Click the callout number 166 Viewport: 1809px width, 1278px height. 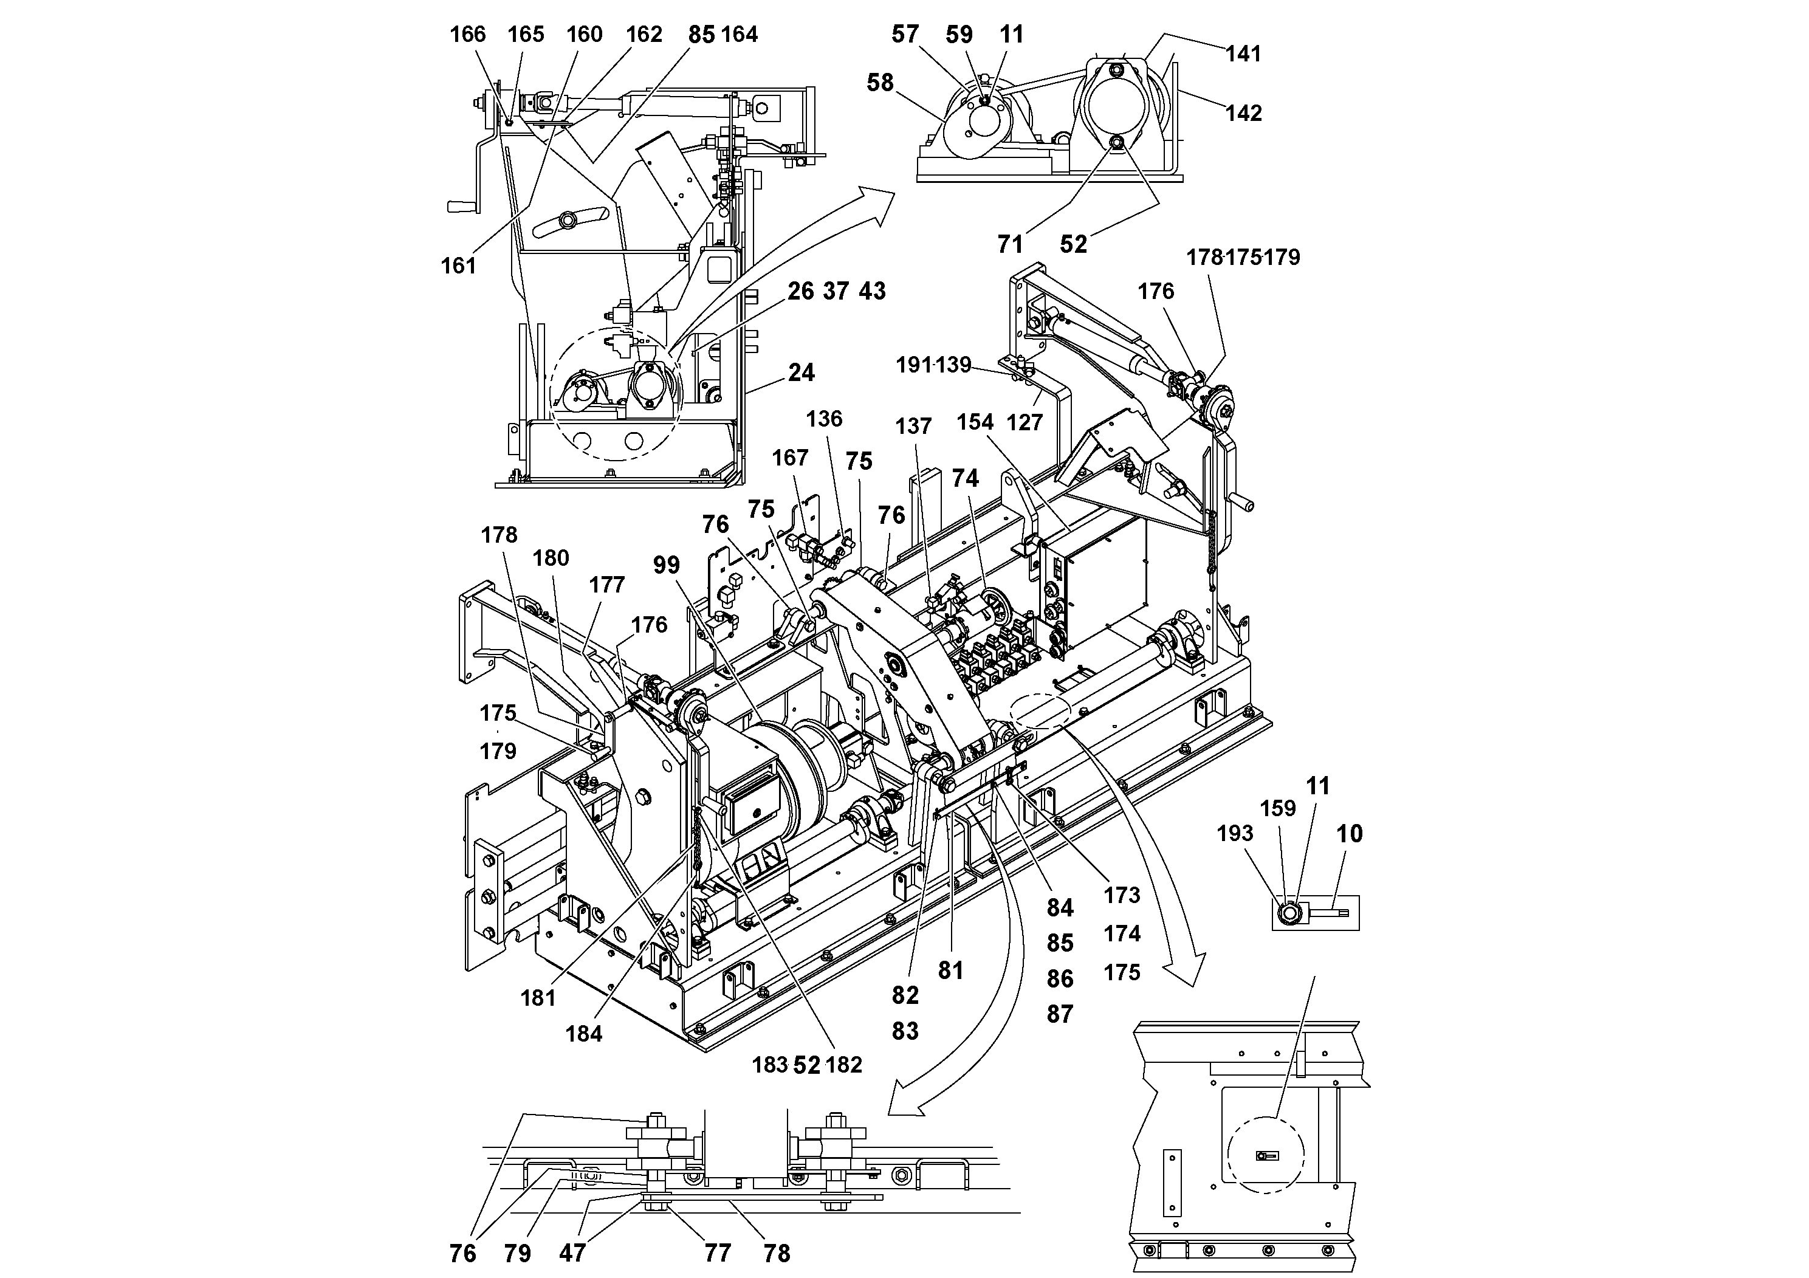click(x=467, y=35)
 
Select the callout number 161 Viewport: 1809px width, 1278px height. click(x=459, y=266)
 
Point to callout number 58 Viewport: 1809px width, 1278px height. click(x=880, y=82)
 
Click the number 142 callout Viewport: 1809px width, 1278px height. click(x=1243, y=114)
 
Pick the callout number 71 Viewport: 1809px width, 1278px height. click(x=1010, y=244)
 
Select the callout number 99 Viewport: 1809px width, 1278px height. click(x=667, y=565)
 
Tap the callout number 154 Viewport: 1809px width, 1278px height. click(x=975, y=422)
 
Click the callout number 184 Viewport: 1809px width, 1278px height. click(x=584, y=1034)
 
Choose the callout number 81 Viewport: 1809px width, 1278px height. click(x=951, y=971)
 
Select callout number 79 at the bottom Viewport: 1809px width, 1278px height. click(x=518, y=1254)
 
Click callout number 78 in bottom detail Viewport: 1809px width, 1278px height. click(x=777, y=1254)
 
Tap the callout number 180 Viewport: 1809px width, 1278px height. click(x=551, y=558)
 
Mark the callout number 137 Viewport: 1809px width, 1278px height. click(x=913, y=426)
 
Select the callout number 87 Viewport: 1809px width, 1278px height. click(x=1060, y=1014)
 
